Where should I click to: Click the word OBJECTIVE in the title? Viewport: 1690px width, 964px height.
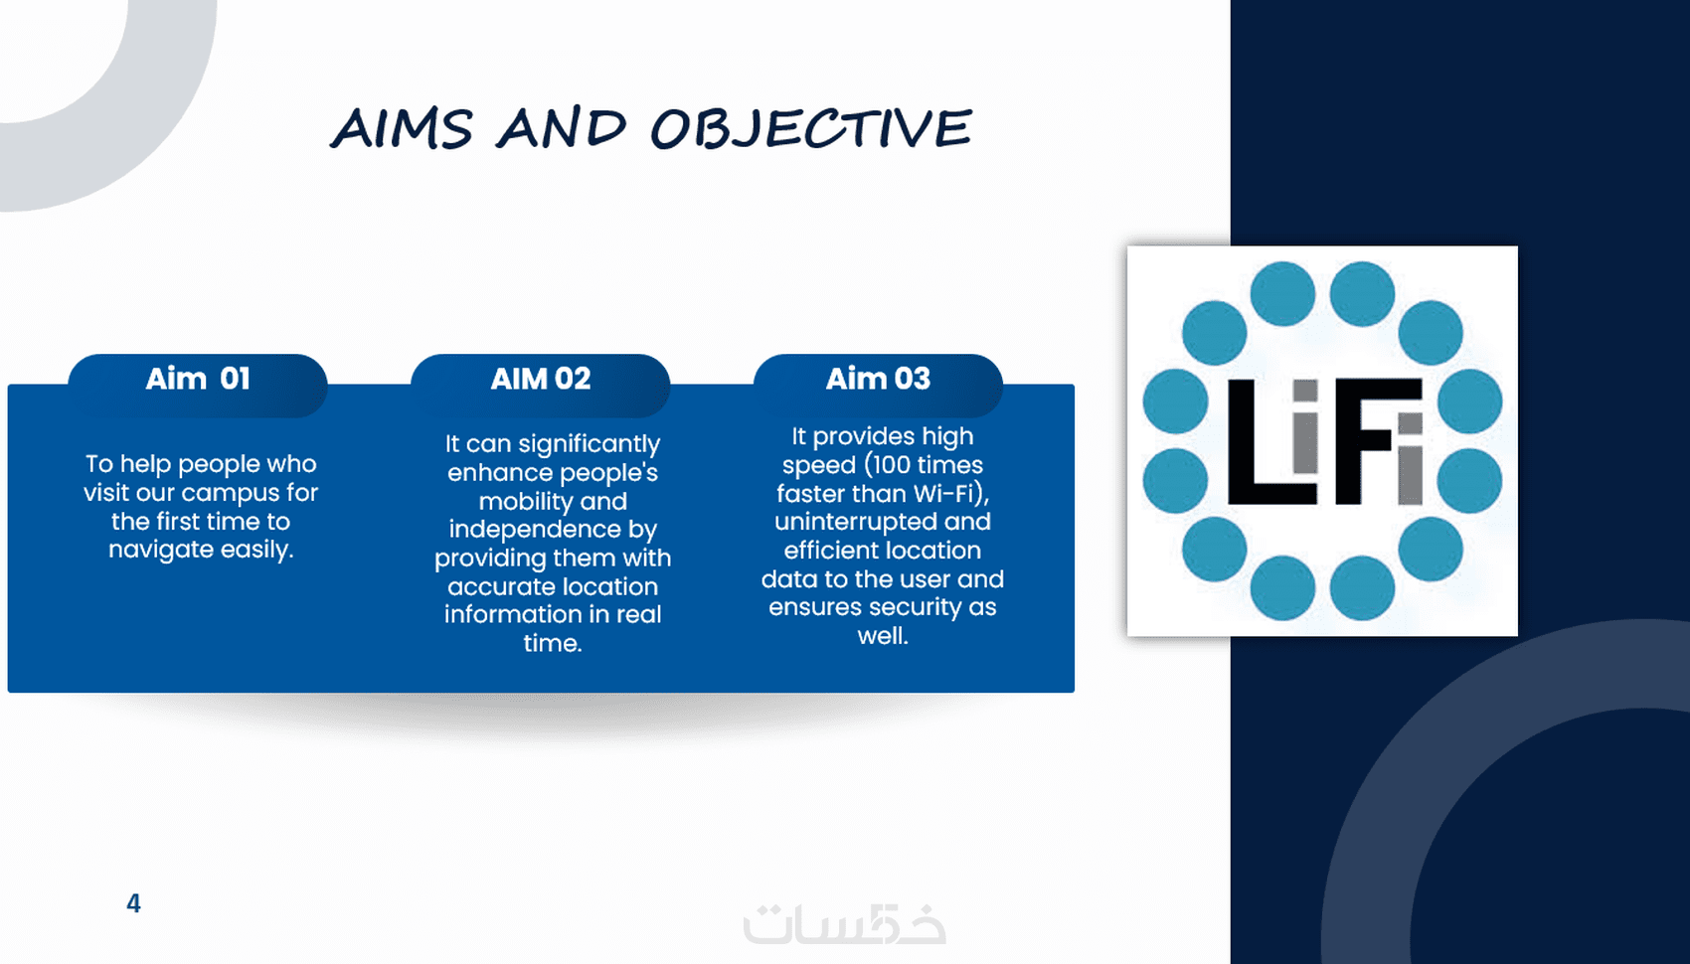click(810, 128)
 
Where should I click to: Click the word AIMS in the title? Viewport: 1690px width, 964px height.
click(402, 127)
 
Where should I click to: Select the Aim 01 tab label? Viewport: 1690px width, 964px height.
click(198, 379)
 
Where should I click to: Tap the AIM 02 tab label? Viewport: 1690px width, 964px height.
click(540, 379)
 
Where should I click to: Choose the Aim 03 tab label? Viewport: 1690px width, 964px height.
click(878, 379)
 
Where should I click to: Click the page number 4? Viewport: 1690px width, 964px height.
click(133, 903)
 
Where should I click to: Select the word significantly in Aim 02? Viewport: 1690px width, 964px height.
click(599, 444)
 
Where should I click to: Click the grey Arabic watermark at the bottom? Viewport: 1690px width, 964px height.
click(844, 923)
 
